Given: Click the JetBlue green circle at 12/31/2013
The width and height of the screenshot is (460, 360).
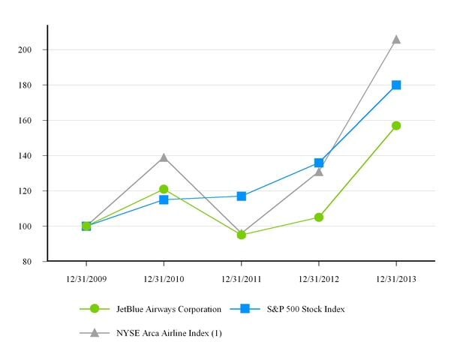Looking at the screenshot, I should coord(396,125).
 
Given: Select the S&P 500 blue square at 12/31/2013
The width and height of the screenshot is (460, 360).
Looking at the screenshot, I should coord(396,85).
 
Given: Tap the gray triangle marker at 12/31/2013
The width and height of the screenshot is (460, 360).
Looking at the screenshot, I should coord(396,39).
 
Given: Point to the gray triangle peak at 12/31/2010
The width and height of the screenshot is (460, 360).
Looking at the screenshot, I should coord(164,157).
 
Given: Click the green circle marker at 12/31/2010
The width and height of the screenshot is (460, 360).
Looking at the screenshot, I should coord(164,189).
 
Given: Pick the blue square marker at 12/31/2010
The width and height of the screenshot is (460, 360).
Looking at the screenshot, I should coord(164,199).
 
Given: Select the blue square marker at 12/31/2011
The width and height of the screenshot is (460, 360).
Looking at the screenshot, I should coord(242,196).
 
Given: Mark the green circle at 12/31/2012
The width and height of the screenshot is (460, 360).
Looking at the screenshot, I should coord(319,217).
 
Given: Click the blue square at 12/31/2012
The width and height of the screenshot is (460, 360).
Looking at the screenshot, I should coord(319,163).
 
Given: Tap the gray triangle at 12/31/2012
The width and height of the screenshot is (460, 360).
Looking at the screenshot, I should coord(319,172).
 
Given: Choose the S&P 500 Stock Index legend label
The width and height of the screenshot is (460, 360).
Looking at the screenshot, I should coord(303,308).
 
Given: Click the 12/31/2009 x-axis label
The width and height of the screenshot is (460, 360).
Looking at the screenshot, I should coord(86,278).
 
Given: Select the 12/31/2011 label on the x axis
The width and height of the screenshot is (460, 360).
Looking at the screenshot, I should coord(242,278).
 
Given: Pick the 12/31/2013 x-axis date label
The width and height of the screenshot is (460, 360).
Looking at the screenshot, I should coord(396,278).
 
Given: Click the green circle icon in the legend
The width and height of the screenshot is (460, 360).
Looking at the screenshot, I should coord(95,308).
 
